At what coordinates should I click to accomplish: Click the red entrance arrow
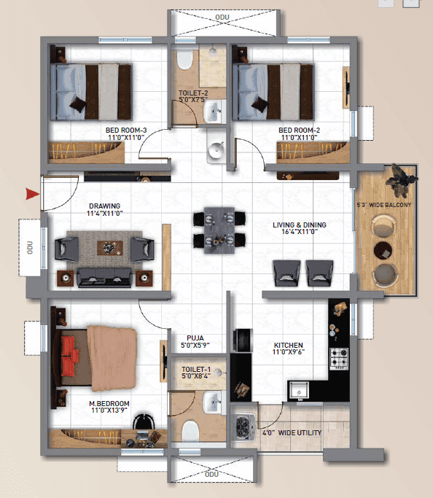pyautogui.click(x=32, y=194)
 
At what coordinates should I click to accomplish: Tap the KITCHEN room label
pyautogui.click(x=288, y=345)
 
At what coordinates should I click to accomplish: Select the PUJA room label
pyautogui.click(x=195, y=338)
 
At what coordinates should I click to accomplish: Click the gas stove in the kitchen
pyautogui.click(x=339, y=359)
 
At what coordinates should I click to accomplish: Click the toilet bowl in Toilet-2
pyautogui.click(x=184, y=59)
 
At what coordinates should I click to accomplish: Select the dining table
pyautogui.click(x=219, y=230)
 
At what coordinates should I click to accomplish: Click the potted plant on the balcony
pyautogui.click(x=400, y=180)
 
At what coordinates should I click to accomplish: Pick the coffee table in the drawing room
pyautogui.click(x=110, y=248)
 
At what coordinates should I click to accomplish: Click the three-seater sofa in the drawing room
pyautogui.click(x=104, y=278)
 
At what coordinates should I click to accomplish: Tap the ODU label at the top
pyautogui.click(x=222, y=17)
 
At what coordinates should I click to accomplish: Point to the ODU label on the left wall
pyautogui.click(x=30, y=247)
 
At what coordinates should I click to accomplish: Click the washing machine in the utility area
pyautogui.click(x=243, y=427)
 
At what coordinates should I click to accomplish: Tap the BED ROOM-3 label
pyautogui.click(x=126, y=131)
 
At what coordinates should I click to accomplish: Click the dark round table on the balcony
pyautogui.click(x=383, y=251)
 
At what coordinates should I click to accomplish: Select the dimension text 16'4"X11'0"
pyautogui.click(x=300, y=232)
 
